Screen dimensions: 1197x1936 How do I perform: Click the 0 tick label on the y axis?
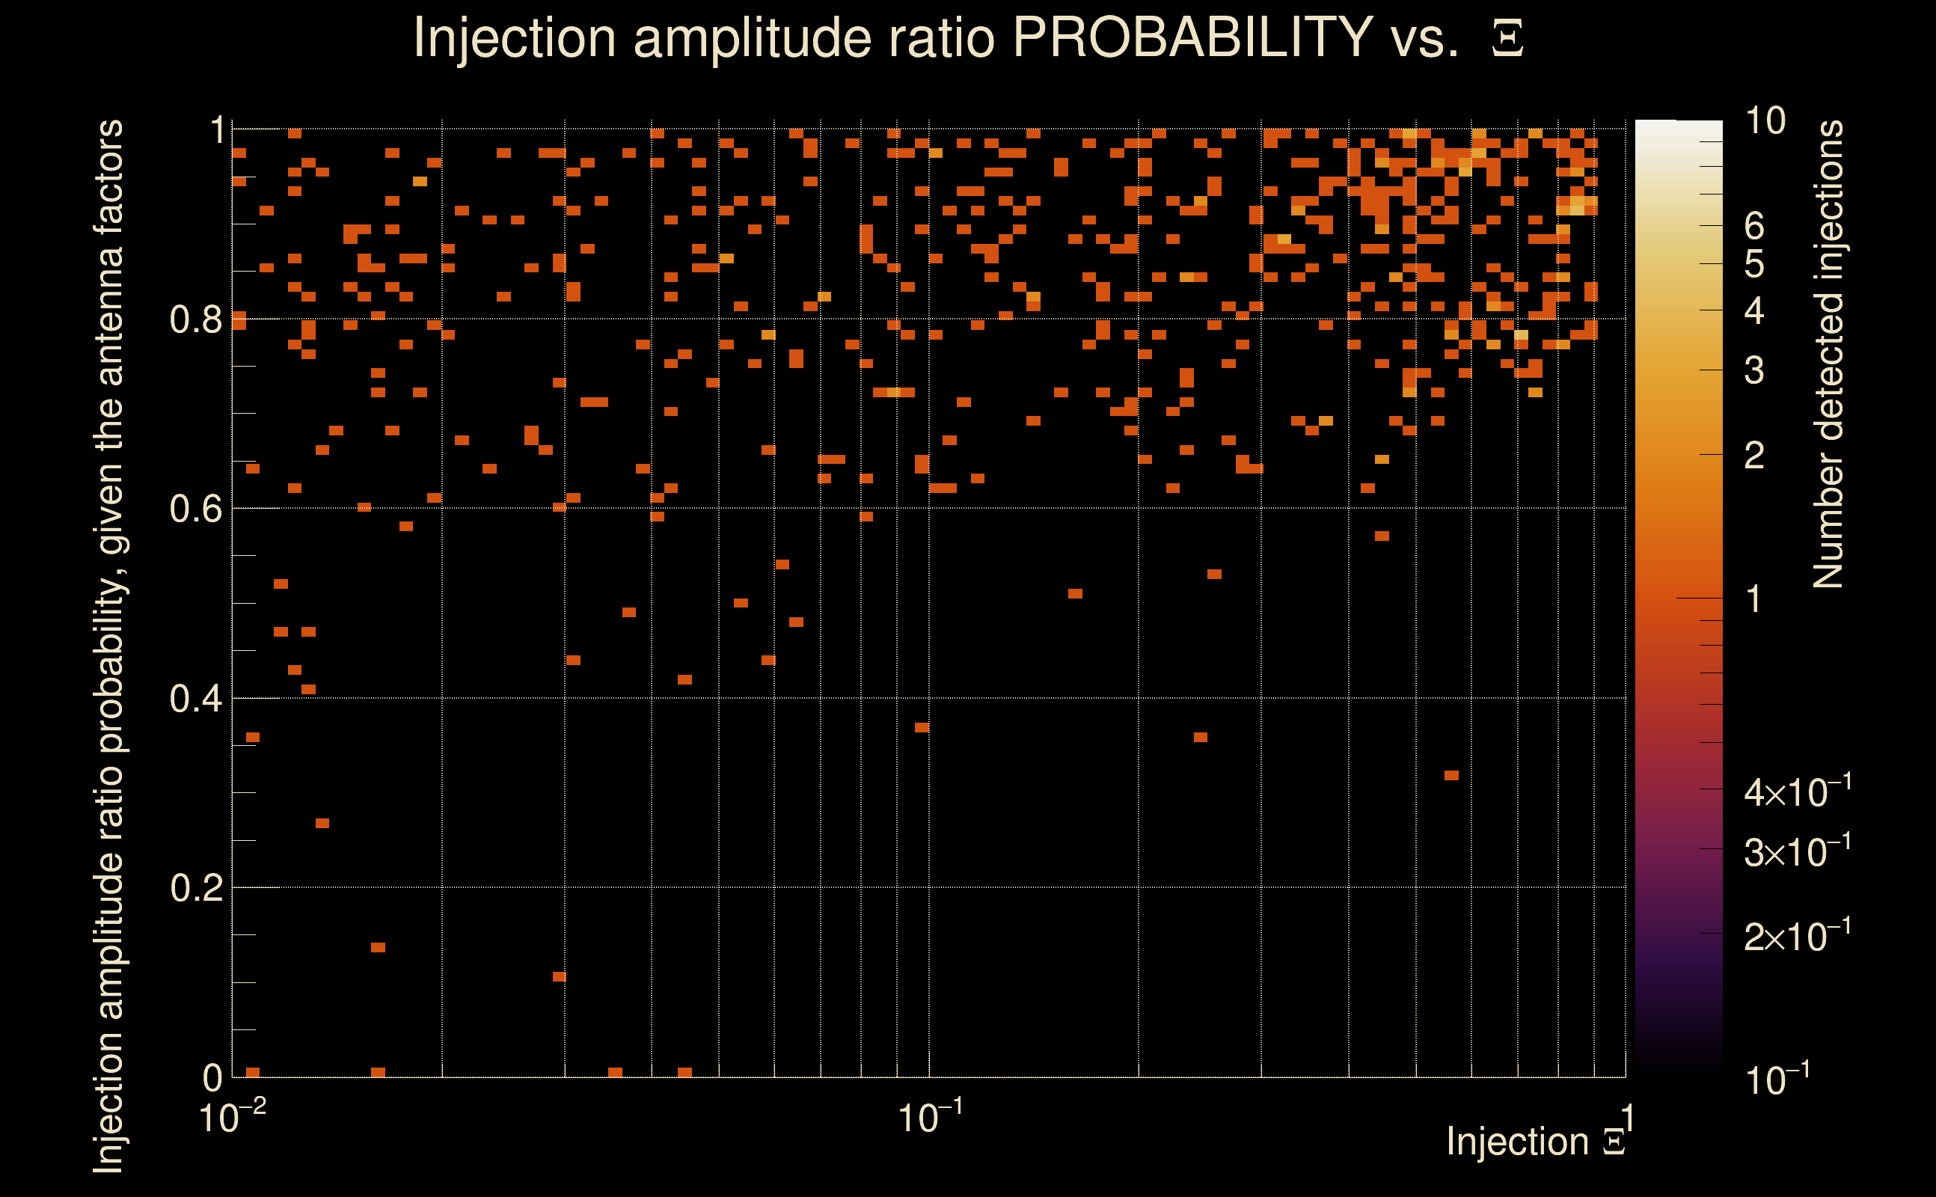click(212, 1077)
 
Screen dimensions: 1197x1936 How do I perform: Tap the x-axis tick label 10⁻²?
click(232, 1117)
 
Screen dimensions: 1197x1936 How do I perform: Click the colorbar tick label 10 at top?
click(1765, 121)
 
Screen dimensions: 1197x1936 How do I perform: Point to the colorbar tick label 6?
click(1754, 227)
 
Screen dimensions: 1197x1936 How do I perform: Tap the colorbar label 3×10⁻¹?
click(1797, 851)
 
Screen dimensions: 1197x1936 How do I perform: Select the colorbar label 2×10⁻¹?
click(1797, 936)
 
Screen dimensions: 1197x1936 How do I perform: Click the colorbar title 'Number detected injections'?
click(1828, 354)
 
